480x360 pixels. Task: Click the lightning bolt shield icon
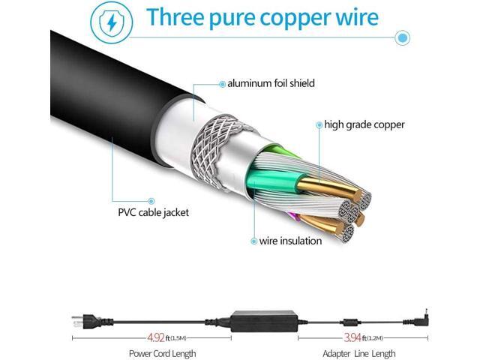point(112,22)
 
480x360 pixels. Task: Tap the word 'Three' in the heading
point(175,16)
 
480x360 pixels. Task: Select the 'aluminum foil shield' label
point(271,83)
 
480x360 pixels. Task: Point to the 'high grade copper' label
point(364,125)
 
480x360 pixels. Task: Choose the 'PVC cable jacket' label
point(153,212)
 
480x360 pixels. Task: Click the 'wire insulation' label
point(290,241)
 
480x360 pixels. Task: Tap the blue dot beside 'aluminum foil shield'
point(222,84)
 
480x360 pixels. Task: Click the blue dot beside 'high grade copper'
point(319,124)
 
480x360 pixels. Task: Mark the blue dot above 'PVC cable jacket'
point(151,201)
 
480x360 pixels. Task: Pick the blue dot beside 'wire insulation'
point(253,241)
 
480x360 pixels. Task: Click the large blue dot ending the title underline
point(402,37)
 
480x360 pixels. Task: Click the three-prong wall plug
point(91,322)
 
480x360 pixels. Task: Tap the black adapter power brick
point(264,322)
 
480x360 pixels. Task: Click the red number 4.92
point(156,337)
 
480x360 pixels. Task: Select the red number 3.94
point(352,337)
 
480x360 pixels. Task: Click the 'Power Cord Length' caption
point(162,354)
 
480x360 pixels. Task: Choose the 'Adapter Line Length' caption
point(359,354)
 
